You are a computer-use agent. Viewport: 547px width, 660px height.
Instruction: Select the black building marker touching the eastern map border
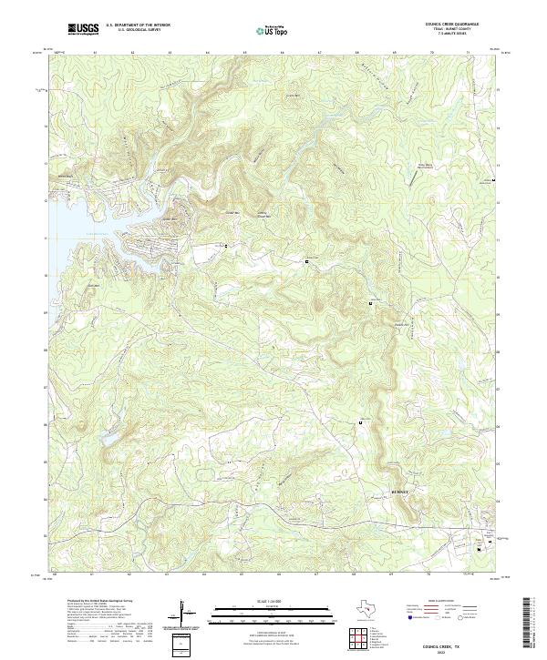coord(493,180)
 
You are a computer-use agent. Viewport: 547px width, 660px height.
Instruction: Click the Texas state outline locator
coord(362,609)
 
